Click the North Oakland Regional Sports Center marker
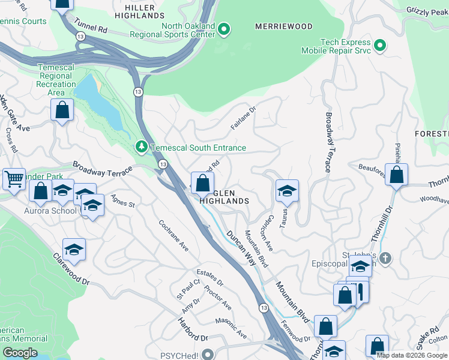[x=224, y=28]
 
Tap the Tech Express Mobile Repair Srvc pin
[x=379, y=46]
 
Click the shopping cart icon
[x=14, y=178]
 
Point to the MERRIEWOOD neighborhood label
[x=284, y=26]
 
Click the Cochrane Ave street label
[x=174, y=235]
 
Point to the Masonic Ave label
[x=231, y=328]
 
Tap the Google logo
[x=20, y=353]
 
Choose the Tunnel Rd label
[x=91, y=28]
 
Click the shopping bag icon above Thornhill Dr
[x=397, y=175]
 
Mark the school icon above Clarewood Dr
[x=74, y=250]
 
